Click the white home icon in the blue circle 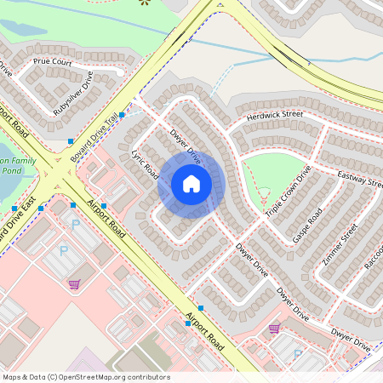click(191, 184)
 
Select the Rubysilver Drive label click(72, 94)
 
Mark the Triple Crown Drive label click(288, 195)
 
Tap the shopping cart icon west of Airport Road click(74, 283)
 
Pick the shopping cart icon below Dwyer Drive click(273, 328)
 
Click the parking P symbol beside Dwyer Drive click(297, 353)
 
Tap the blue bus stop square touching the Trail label click(122, 114)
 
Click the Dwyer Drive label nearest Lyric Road click(185, 146)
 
